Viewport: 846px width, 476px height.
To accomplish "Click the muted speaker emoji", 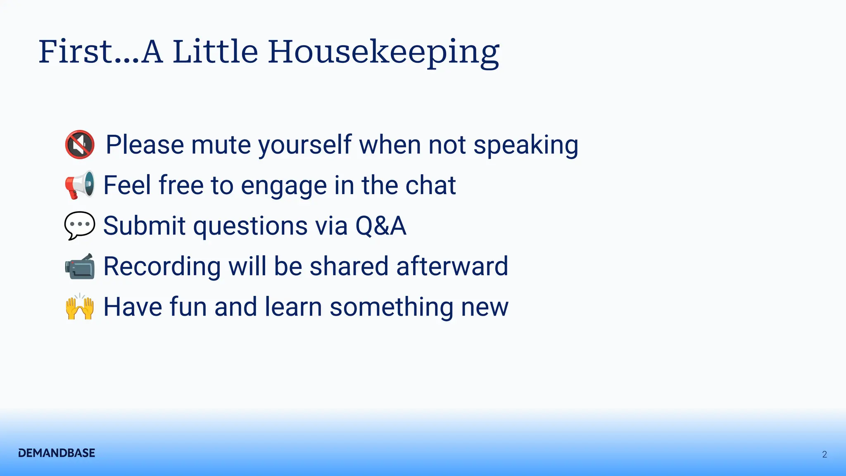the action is [x=80, y=145].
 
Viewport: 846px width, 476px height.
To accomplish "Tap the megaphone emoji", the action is [x=80, y=185].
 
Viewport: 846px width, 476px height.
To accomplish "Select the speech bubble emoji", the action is [x=80, y=226].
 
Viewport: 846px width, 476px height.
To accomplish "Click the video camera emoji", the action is [x=80, y=266].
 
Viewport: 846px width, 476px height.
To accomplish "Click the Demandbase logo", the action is [x=57, y=453].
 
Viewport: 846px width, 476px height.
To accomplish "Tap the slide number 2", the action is [x=825, y=455].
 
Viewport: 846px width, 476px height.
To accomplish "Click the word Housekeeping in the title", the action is [x=384, y=52].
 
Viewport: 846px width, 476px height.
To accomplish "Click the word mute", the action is [x=221, y=145].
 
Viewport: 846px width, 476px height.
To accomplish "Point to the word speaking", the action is [x=526, y=146].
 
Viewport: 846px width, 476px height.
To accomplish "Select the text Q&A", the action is [x=381, y=226].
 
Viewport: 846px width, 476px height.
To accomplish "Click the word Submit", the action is [x=145, y=226].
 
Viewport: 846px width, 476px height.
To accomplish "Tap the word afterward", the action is [x=452, y=266].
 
